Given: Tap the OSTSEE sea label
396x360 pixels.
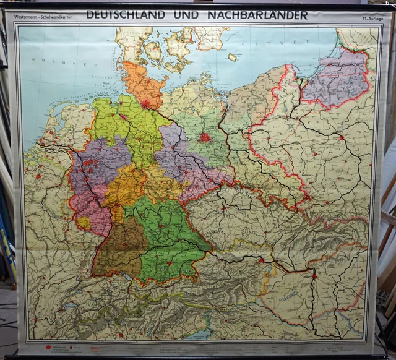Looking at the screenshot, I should pos(260,48).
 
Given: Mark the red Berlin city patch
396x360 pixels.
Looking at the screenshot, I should pos(204,137).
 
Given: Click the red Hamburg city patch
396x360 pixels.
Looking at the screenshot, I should pos(147,104).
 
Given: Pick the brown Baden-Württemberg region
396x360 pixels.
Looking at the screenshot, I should pos(118,247).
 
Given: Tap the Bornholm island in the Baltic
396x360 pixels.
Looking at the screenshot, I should pos(233,56).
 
